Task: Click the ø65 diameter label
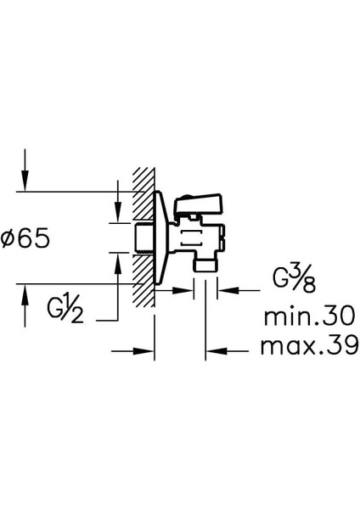[25, 238]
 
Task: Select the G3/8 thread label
[294, 278]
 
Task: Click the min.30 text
[309, 316]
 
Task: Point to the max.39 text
[309, 345]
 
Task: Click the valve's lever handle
[198, 204]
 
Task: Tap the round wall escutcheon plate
[160, 238]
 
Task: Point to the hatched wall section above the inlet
[143, 196]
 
